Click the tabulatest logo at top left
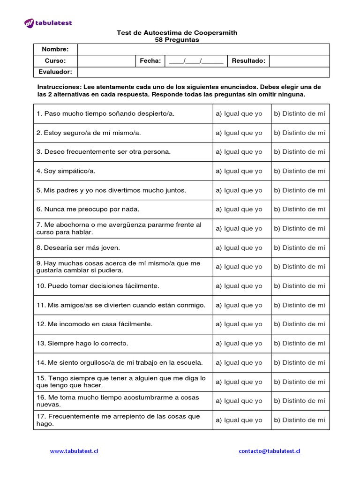(x=48, y=23)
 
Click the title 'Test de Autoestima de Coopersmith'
(x=177, y=33)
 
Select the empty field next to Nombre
(x=203, y=50)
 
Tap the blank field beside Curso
(x=106, y=61)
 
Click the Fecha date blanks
(x=195, y=61)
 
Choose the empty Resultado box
(x=299, y=61)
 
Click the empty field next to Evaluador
(x=203, y=72)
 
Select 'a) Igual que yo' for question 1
(x=239, y=113)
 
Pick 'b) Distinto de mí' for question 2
(x=300, y=133)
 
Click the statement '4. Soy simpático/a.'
(x=66, y=171)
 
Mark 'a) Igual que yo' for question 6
(x=239, y=209)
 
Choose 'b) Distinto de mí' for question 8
(x=300, y=247)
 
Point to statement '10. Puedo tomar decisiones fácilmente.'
(x=97, y=286)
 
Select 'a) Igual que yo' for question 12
(x=239, y=324)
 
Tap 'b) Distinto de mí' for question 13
(x=300, y=343)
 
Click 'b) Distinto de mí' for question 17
(x=300, y=420)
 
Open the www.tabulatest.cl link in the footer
(x=74, y=451)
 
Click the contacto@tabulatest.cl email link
(x=269, y=451)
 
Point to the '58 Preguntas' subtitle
(x=177, y=40)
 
